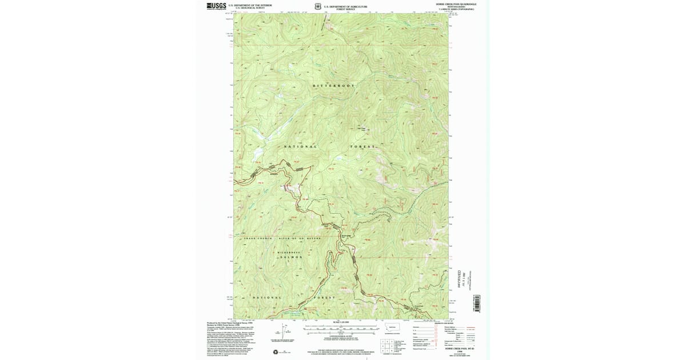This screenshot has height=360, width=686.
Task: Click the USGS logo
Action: (x=216, y=6)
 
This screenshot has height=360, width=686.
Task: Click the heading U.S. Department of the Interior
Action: (x=250, y=5)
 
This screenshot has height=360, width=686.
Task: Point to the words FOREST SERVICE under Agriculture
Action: (x=345, y=9)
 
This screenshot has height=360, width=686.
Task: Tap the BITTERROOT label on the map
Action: (x=334, y=86)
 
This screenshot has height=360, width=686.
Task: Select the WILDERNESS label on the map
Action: (x=289, y=252)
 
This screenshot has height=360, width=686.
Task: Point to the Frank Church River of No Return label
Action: (x=282, y=238)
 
